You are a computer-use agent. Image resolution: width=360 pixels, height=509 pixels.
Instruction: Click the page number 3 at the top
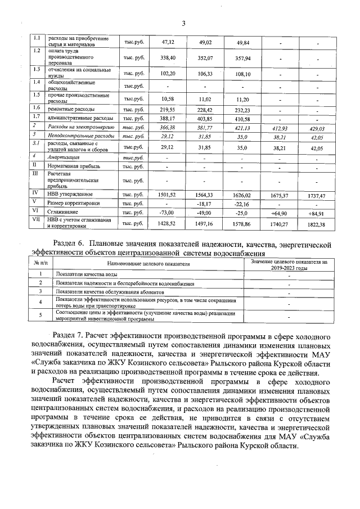(x=183, y=22)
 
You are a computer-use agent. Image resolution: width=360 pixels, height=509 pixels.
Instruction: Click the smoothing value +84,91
(x=316, y=214)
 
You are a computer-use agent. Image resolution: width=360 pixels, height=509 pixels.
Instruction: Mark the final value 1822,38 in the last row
(x=316, y=224)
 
